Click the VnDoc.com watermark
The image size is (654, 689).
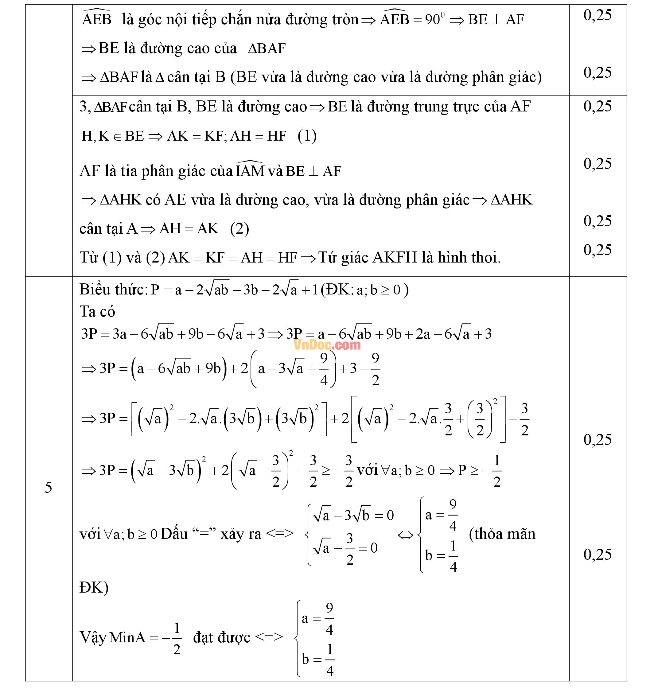[x=327, y=345]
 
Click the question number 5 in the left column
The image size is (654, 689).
[x=49, y=487]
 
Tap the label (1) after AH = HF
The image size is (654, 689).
[x=307, y=136]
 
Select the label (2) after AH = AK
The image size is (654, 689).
[x=239, y=229]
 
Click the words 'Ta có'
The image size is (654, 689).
[x=97, y=311]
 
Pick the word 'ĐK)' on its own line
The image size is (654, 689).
[x=94, y=588]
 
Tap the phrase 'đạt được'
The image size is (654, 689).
[x=221, y=637]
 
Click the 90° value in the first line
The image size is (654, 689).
[x=434, y=19]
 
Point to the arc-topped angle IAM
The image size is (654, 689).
[x=250, y=170]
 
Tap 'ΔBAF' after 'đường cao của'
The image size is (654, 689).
[x=267, y=49]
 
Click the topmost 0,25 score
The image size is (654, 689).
[x=598, y=15]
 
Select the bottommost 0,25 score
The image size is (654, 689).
[x=598, y=555]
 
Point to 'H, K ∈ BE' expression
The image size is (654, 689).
[x=112, y=136]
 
